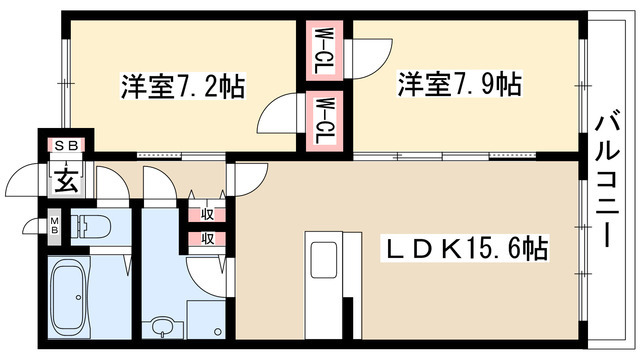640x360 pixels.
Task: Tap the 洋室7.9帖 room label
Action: [x=459, y=84]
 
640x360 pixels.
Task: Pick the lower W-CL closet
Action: [x=324, y=118]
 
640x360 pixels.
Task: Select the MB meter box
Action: [x=54, y=225]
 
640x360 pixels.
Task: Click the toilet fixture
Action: [x=93, y=226]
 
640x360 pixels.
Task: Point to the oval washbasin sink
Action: [x=161, y=326]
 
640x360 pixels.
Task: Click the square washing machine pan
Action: [x=207, y=321]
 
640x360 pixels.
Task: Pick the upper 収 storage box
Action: [x=206, y=213]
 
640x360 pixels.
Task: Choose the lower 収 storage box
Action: [x=206, y=238]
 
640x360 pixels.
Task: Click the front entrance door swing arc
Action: [x=22, y=182]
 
